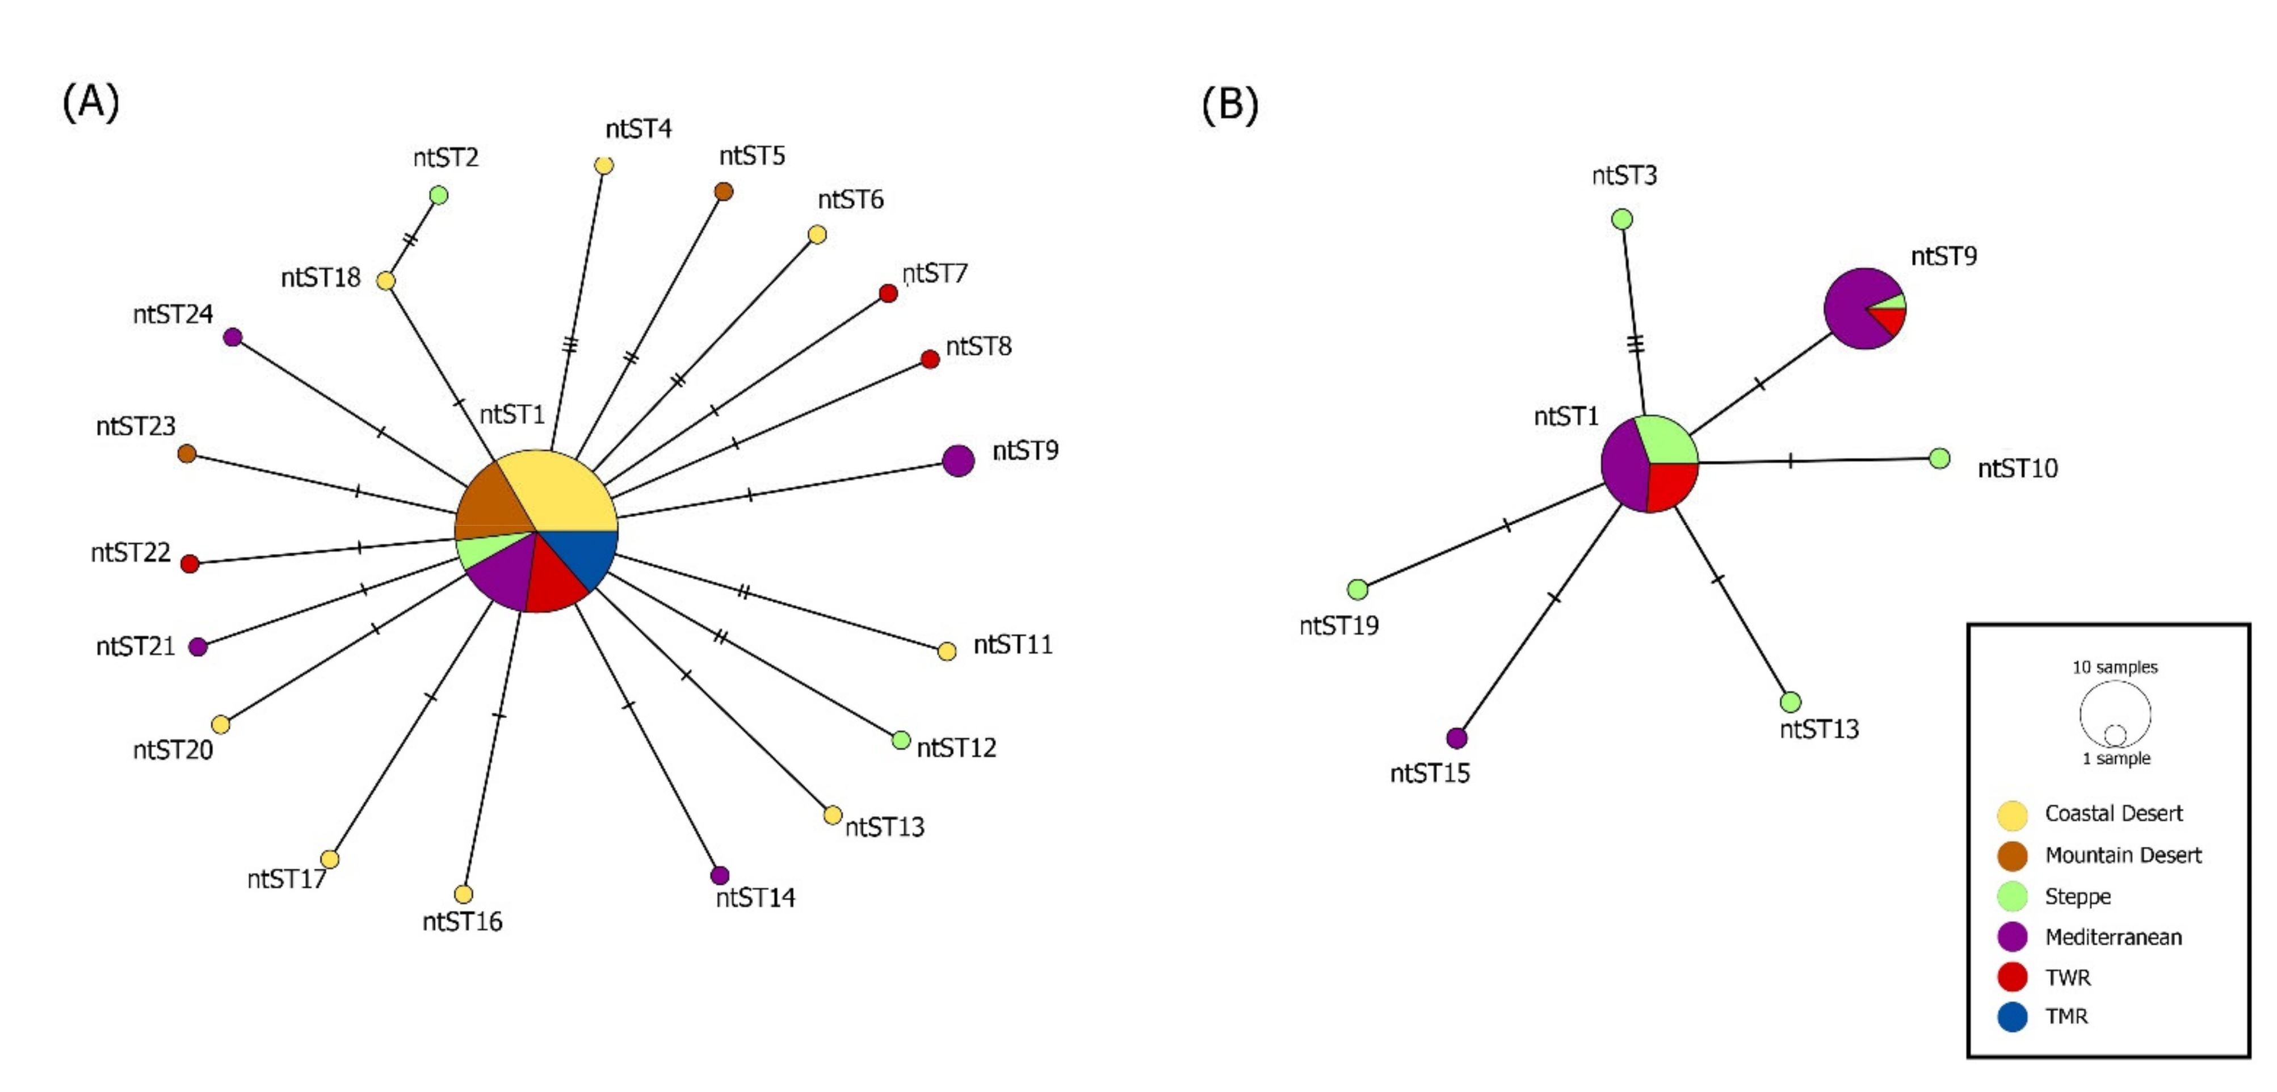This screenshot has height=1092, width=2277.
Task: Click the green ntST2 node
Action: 438,195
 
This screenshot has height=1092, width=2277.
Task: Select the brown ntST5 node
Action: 723,191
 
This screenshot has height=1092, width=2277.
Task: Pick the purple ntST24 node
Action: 233,337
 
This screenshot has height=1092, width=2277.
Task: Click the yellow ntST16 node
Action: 463,894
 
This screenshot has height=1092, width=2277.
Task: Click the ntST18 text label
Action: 320,278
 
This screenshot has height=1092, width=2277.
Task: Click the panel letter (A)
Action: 90,102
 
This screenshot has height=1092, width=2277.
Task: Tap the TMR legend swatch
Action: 2013,1017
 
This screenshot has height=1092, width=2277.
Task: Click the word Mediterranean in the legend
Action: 2112,937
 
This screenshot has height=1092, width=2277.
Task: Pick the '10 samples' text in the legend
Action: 2114,667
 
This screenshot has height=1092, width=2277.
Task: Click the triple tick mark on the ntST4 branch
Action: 570,344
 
